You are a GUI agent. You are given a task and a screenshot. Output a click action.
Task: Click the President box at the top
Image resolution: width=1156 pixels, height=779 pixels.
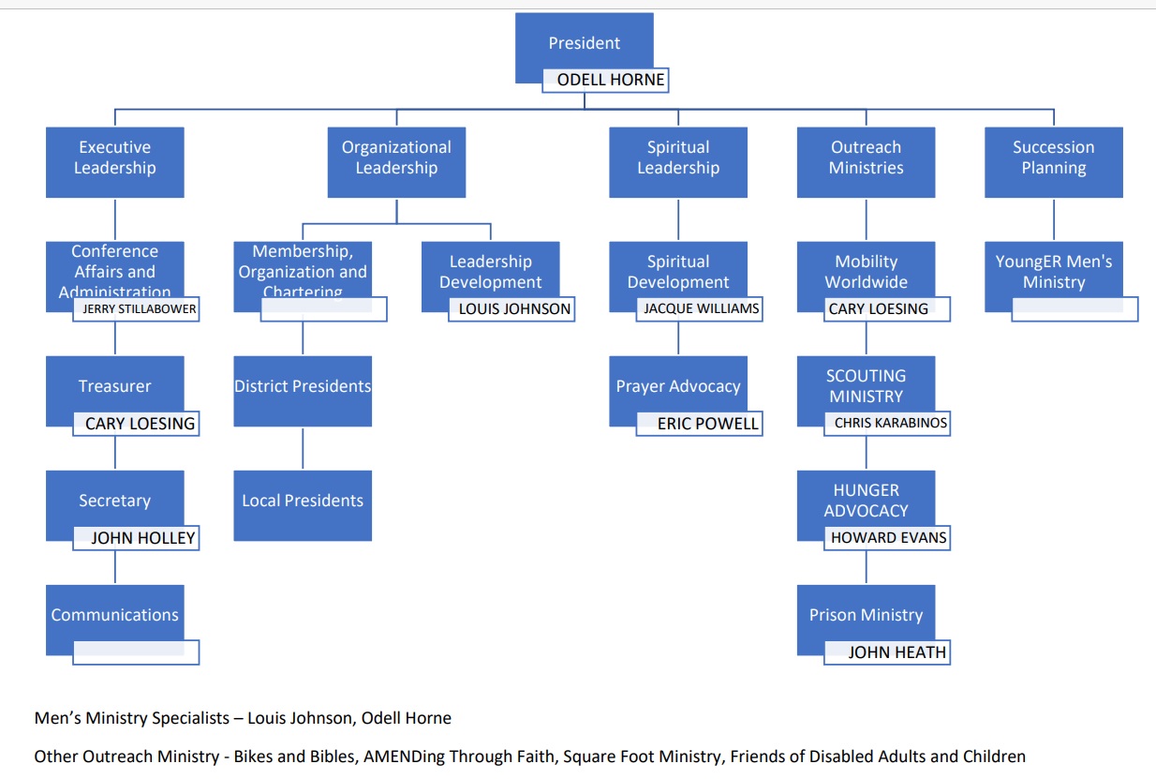coord(584,43)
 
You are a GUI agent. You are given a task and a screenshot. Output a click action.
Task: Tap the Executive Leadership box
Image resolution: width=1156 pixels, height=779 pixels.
coord(114,158)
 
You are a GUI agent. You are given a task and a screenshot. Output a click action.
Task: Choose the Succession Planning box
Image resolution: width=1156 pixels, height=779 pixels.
coord(1053,158)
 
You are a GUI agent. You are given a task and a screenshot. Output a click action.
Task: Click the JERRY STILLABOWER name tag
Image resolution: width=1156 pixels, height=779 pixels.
coord(137,309)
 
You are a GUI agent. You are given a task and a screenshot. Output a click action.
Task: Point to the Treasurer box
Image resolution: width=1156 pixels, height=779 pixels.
coord(114,386)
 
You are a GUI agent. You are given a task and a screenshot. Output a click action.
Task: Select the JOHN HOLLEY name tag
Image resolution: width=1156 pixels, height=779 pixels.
coord(137,538)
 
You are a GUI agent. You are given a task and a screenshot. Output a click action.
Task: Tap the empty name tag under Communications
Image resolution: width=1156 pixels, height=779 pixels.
coord(137,652)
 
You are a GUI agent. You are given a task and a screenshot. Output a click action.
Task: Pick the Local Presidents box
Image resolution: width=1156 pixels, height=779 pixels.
coord(303,502)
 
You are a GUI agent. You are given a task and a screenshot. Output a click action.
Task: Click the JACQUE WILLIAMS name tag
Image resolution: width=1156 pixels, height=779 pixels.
coord(700,309)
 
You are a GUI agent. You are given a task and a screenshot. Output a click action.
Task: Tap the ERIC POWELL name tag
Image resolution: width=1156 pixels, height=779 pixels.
coord(700,424)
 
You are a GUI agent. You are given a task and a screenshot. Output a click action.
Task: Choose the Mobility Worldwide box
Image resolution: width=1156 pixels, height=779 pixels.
coord(866,271)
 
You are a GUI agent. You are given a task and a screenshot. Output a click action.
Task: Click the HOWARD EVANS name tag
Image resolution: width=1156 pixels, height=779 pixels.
coord(888,538)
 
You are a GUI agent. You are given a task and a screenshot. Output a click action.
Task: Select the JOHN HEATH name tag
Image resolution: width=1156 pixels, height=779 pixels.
coord(888,652)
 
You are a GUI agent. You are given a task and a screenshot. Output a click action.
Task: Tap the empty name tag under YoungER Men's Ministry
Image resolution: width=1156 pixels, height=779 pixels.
coord(1075,309)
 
